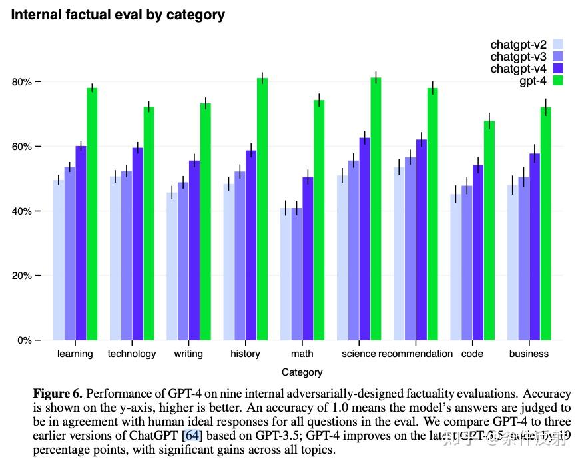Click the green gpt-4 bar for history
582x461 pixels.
262,209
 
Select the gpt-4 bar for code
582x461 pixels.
489,230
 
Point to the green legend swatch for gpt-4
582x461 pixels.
558,81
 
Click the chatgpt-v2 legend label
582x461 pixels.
518,45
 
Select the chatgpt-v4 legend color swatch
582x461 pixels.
558,69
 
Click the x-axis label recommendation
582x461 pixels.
416,354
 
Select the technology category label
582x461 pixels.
132,354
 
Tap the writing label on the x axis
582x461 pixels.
188,354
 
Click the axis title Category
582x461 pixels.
302,372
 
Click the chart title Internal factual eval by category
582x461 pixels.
118,14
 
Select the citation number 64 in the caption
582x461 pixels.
192,436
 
